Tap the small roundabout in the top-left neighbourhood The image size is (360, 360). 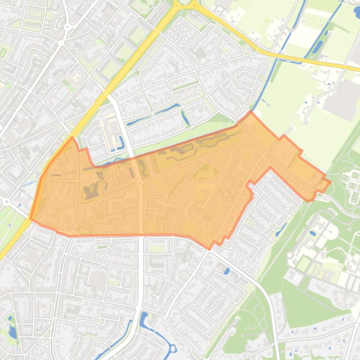[x=67, y=27]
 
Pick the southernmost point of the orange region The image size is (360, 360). [x=210, y=248]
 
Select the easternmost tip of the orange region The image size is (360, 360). [x=331, y=181]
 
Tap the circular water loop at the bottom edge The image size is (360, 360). [x=172, y=349]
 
